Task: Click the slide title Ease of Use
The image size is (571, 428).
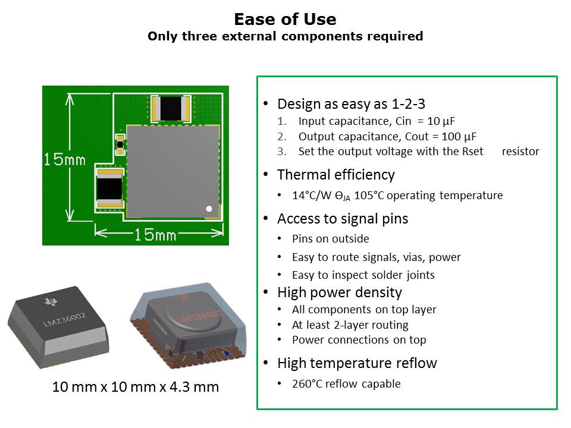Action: pyautogui.click(x=285, y=19)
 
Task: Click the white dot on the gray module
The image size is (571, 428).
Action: pyautogui.click(x=209, y=209)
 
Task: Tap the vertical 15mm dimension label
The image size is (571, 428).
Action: pyautogui.click(x=64, y=159)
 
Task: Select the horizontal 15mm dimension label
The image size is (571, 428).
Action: pyautogui.click(x=155, y=235)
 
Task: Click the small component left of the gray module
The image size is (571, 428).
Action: pyautogui.click(x=120, y=144)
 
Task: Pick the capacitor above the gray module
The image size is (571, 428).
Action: pyautogui.click(x=171, y=108)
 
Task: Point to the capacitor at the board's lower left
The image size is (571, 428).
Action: pyautogui.click(x=109, y=188)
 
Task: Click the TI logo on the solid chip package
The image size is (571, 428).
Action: pyautogui.click(x=51, y=302)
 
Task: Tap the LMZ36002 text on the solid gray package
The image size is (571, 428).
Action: pyautogui.click(x=65, y=319)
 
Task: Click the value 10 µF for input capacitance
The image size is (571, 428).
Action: pyautogui.click(x=441, y=121)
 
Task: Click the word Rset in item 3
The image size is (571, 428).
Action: pyautogui.click(x=473, y=152)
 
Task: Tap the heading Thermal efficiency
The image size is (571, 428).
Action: pyautogui.click(x=335, y=175)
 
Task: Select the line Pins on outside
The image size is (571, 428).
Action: pyautogui.click(x=330, y=239)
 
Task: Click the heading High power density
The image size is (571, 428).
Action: pyautogui.click(x=340, y=292)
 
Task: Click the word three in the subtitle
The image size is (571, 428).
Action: pyautogui.click(x=199, y=36)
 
